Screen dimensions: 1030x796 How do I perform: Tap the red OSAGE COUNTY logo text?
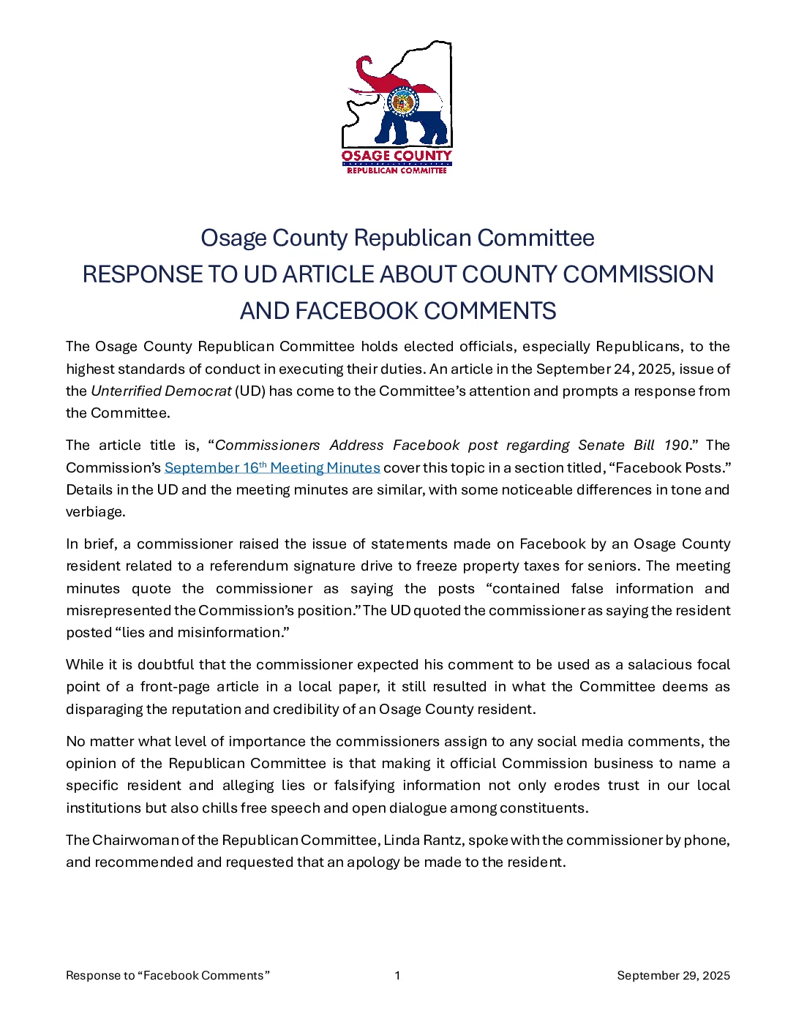pos(397,156)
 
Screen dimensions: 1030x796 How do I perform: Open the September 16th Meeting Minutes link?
pos(272,467)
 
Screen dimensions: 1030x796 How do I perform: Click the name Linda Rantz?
pos(423,840)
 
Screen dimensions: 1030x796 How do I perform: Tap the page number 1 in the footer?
pos(397,975)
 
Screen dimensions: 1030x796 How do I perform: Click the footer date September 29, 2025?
pos(673,975)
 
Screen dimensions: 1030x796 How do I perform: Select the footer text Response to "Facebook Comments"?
pos(168,975)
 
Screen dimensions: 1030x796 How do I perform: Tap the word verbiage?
pos(95,511)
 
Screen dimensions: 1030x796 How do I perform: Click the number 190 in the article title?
pos(676,445)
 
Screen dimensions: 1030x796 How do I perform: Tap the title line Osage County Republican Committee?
pos(397,238)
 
